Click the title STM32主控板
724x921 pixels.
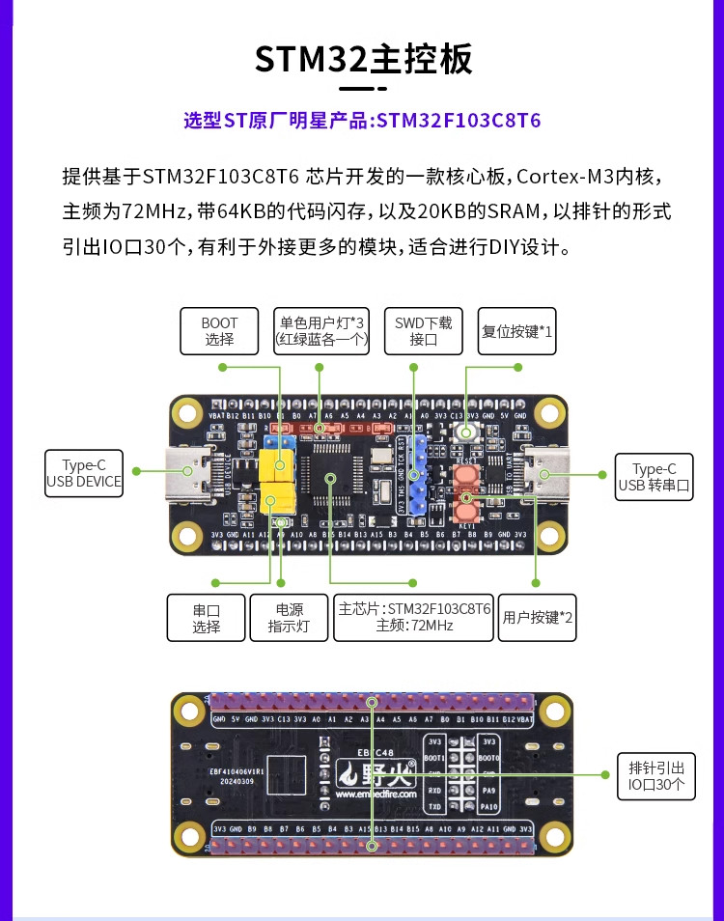pyautogui.click(x=363, y=59)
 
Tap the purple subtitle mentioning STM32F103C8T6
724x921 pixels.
pyautogui.click(x=362, y=121)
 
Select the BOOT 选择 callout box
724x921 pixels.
pyautogui.click(x=219, y=331)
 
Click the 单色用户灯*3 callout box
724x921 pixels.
pyautogui.click(x=322, y=331)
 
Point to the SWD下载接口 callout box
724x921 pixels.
pyautogui.click(x=423, y=331)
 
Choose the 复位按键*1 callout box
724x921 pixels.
pyautogui.click(x=517, y=331)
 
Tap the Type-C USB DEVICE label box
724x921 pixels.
pyautogui.click(x=84, y=473)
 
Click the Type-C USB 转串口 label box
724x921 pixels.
pyautogui.click(x=654, y=477)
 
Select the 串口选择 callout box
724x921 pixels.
pyautogui.click(x=206, y=618)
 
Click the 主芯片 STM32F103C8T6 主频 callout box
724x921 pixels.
pyautogui.click(x=414, y=618)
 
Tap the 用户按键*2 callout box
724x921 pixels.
pyautogui.click(x=538, y=618)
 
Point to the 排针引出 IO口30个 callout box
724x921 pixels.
pyautogui.click(x=655, y=776)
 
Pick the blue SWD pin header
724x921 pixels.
pyautogui.click(x=417, y=473)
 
